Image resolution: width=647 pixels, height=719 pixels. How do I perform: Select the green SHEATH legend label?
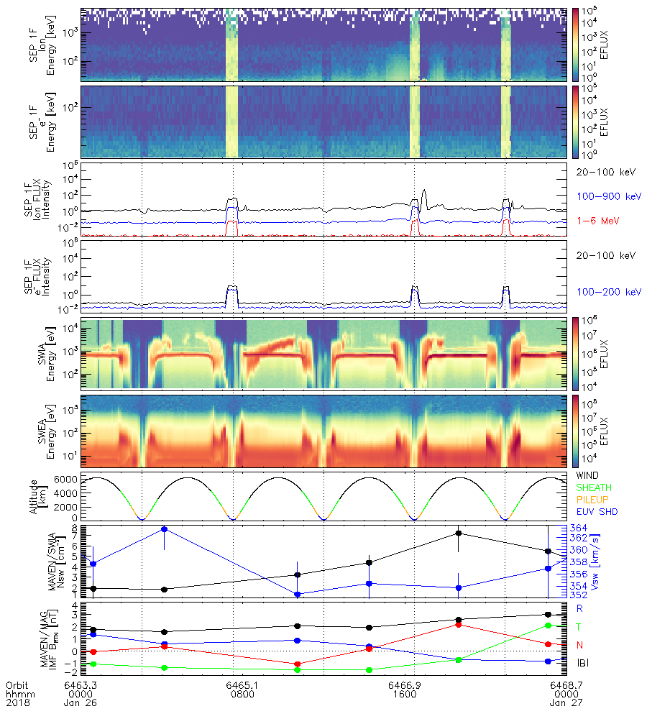(x=593, y=488)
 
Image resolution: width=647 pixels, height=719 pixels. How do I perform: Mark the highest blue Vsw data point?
(x=165, y=529)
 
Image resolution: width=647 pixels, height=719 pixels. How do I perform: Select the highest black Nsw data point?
(x=459, y=533)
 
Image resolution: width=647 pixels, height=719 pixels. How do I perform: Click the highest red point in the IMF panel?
(x=459, y=624)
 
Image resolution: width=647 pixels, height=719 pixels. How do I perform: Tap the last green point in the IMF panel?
(x=548, y=626)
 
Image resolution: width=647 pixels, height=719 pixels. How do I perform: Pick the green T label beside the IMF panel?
(x=579, y=627)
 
